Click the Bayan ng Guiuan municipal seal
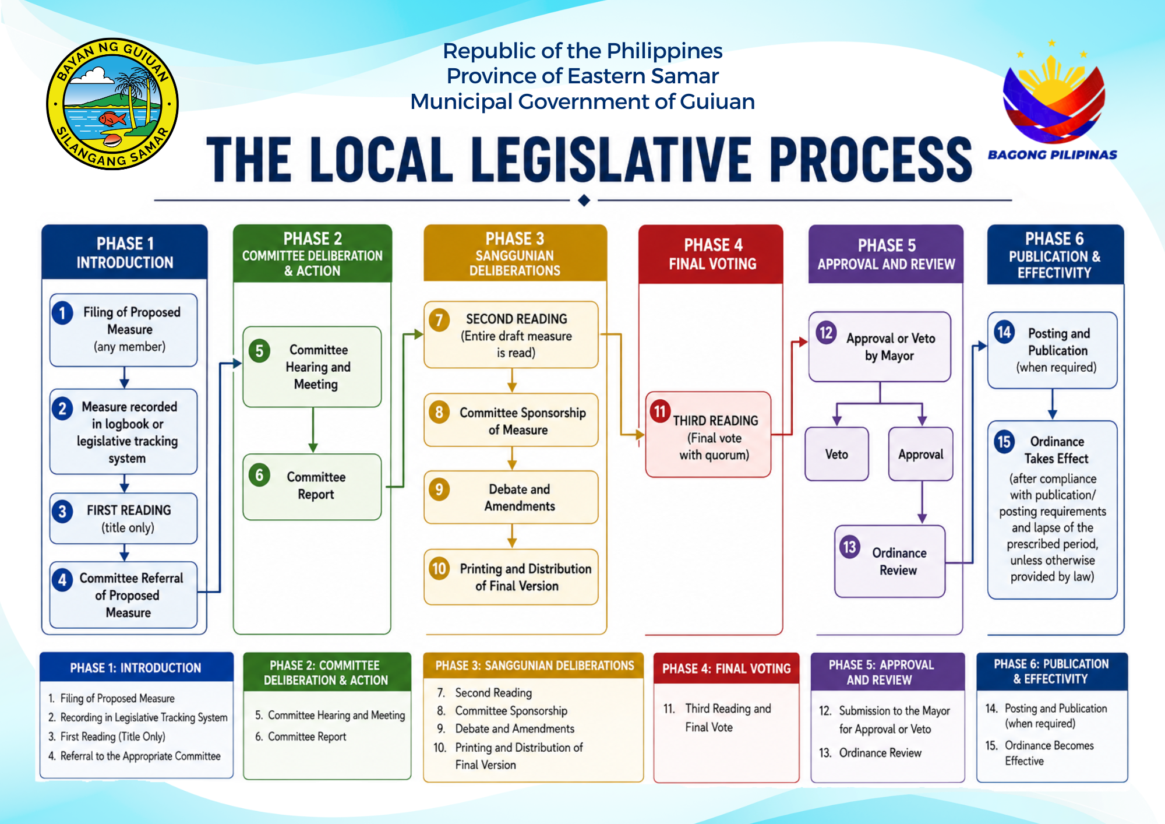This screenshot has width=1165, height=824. coord(112,104)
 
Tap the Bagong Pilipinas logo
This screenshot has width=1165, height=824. coord(1053,101)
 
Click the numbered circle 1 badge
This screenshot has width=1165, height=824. coord(62,313)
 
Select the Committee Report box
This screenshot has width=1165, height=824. coord(312,487)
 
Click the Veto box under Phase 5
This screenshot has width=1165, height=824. coord(836,454)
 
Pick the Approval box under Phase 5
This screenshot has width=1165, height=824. coord(920,454)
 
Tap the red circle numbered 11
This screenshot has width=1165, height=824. coord(660,411)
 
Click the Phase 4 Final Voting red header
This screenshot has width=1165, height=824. coord(711,254)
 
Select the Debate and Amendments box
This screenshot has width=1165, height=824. coord(511,497)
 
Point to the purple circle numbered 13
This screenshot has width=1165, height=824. coord(849,547)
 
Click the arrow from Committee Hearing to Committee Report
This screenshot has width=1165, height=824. coord(313,429)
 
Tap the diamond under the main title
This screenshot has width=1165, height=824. coord(584,200)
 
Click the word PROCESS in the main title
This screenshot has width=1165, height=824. coord(870,160)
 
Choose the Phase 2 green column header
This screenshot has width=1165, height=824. coord(312,253)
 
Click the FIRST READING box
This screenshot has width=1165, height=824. coord(123,519)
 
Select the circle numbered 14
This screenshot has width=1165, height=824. coord(1004,333)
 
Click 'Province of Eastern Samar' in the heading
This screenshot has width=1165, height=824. coord(582,76)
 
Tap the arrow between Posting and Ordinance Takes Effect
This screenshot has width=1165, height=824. coord(1052,404)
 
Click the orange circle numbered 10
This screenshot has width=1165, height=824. coord(439,568)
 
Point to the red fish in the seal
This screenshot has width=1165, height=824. coord(113,119)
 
